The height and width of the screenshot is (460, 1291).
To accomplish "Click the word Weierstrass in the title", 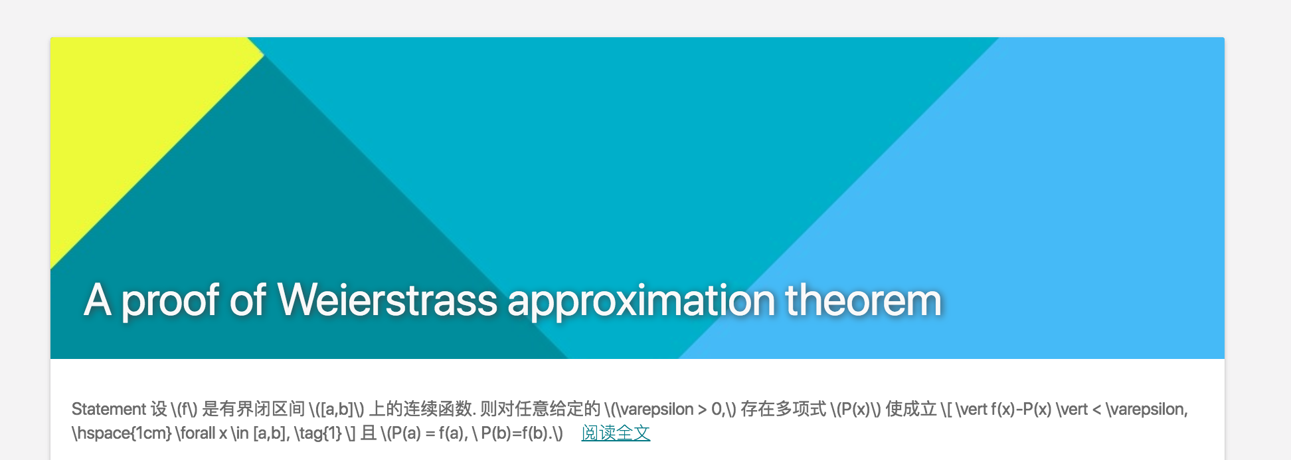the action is pyautogui.click(x=387, y=300).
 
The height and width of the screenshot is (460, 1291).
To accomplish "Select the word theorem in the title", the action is pyautogui.click(x=863, y=300).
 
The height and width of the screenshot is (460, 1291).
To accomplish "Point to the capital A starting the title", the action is pyautogui.click(x=97, y=300).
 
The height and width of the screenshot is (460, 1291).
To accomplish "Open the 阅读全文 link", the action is pyautogui.click(x=616, y=433).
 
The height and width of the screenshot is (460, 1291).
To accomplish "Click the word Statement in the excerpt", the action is pyautogui.click(x=108, y=409).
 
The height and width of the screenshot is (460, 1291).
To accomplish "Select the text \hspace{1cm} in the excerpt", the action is pyautogui.click(x=122, y=433).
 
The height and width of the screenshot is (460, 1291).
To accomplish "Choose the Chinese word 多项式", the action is pyautogui.click(x=801, y=409).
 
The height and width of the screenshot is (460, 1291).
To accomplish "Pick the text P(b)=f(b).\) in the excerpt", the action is pyautogui.click(x=522, y=433).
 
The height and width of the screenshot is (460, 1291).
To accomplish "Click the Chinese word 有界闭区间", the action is pyautogui.click(x=262, y=409).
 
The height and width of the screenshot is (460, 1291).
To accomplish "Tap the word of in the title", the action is pyautogui.click(x=248, y=300).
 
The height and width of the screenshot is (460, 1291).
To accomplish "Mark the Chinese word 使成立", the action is pyautogui.click(x=911, y=409).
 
